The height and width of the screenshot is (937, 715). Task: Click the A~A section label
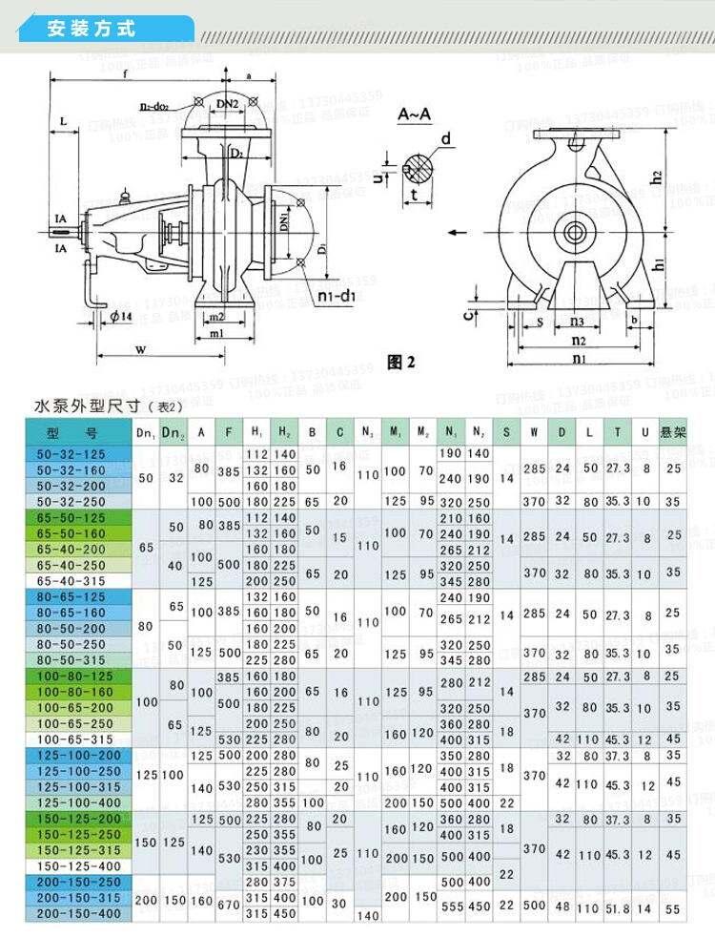tap(414, 115)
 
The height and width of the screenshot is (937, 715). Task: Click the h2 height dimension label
tap(656, 177)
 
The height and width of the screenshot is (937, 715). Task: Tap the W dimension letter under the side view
tap(140, 350)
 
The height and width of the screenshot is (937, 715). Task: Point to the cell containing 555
tap(451, 906)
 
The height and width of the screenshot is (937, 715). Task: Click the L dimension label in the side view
tap(62, 122)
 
